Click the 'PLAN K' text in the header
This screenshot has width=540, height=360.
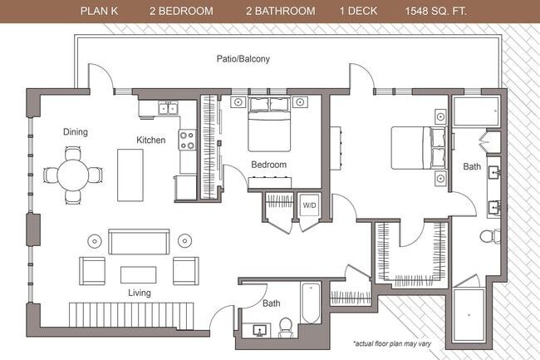(x=101, y=12)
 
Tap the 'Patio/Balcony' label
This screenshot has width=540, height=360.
(x=242, y=60)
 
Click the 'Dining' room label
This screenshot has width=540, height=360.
(x=76, y=131)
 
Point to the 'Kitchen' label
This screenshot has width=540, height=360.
(x=151, y=141)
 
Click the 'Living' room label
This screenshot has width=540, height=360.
(x=139, y=293)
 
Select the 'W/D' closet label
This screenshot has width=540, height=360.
(x=309, y=205)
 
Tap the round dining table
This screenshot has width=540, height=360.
(x=73, y=175)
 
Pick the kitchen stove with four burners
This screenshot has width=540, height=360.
(x=188, y=140)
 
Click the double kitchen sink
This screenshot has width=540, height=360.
(x=169, y=107)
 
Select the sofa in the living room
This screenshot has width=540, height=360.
(x=138, y=242)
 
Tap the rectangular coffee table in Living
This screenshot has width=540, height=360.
(x=138, y=274)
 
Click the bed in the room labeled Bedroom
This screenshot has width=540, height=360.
(x=269, y=126)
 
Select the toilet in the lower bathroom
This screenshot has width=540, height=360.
(x=287, y=326)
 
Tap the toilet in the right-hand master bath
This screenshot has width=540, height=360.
(x=489, y=236)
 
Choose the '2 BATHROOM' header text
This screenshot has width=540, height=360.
(x=280, y=12)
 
